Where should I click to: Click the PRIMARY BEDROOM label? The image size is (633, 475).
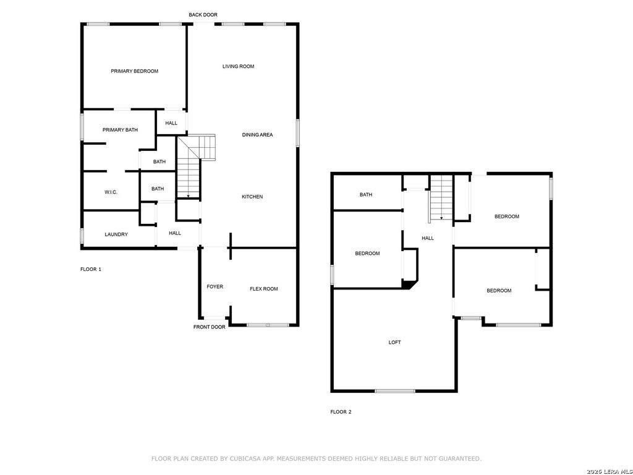[x=134, y=71]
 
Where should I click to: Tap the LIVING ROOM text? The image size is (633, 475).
[x=238, y=66]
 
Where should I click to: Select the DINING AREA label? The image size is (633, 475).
[x=257, y=135]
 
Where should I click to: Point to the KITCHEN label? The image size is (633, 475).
[x=252, y=197]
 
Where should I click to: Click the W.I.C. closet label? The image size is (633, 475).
[x=111, y=192]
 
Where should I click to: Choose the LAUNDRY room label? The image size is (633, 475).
[x=116, y=234]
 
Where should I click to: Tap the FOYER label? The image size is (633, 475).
[x=215, y=286]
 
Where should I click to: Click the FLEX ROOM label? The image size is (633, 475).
[x=263, y=289]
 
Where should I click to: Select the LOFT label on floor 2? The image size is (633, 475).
[x=394, y=342]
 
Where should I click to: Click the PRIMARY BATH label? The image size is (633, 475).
[x=120, y=130]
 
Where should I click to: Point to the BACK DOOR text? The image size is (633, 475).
[x=203, y=15]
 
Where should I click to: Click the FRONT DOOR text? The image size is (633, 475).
[x=209, y=327]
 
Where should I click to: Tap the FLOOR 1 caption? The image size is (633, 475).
[x=91, y=269]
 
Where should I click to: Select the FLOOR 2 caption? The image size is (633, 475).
[x=341, y=412]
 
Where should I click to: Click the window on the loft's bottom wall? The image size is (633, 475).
[x=394, y=391]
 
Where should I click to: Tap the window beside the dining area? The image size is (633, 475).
[x=297, y=133]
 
